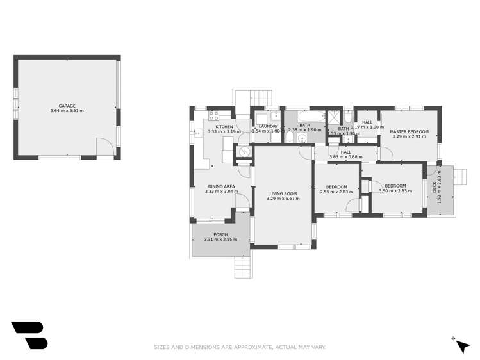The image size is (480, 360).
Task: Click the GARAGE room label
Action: (x=67, y=106)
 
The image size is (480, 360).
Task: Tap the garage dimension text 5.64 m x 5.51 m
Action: (x=67, y=111)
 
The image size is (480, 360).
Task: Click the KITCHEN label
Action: (x=224, y=127)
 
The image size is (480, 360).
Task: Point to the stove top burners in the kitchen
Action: (x=214, y=116)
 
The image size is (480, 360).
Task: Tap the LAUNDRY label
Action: (x=268, y=126)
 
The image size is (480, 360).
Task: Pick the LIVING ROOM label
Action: (x=283, y=193)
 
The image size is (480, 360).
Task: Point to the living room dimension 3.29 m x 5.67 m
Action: (x=283, y=199)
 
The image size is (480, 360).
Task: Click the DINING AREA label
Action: (x=220, y=186)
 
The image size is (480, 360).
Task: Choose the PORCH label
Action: (x=220, y=234)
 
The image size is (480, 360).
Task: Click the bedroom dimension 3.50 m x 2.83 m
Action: (x=395, y=190)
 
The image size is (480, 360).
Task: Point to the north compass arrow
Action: (x=461, y=345)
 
